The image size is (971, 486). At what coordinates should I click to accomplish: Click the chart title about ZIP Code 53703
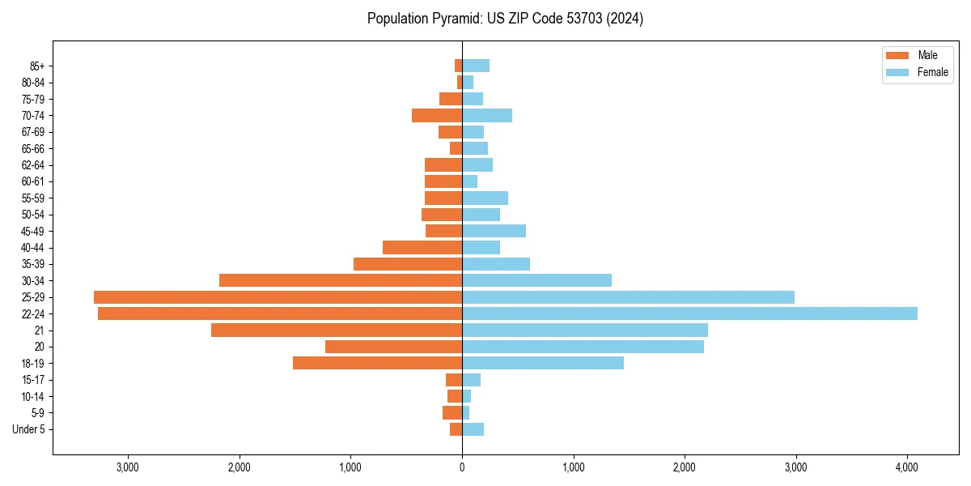pyautogui.click(x=505, y=19)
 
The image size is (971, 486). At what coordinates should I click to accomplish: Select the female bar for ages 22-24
pyautogui.click(x=689, y=313)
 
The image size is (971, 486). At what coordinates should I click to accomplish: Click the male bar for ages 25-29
pyautogui.click(x=278, y=297)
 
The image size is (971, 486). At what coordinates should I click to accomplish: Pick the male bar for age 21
pyautogui.click(x=337, y=330)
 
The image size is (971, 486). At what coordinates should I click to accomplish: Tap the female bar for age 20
pyautogui.click(x=583, y=347)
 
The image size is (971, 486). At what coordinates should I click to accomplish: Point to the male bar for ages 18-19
pyautogui.click(x=377, y=363)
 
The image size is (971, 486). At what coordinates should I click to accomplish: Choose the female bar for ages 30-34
pyautogui.click(x=536, y=280)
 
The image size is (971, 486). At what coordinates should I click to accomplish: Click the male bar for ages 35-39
pyautogui.click(x=408, y=264)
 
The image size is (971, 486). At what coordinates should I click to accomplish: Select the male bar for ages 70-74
pyautogui.click(x=437, y=115)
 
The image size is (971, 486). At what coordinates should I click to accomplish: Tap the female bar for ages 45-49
pyautogui.click(x=494, y=231)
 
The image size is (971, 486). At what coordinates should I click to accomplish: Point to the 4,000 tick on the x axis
pyautogui.click(x=907, y=467)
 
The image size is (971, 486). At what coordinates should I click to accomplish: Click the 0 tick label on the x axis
pyautogui.click(x=462, y=467)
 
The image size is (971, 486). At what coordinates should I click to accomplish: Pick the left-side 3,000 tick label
pyautogui.click(x=128, y=467)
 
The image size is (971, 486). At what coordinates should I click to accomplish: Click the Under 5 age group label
pyautogui.click(x=28, y=429)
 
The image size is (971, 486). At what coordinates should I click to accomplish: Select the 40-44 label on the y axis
pyautogui.click(x=33, y=248)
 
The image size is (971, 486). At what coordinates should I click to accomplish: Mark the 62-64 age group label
pyautogui.click(x=33, y=165)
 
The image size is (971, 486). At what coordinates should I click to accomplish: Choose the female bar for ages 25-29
pyautogui.click(x=628, y=297)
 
